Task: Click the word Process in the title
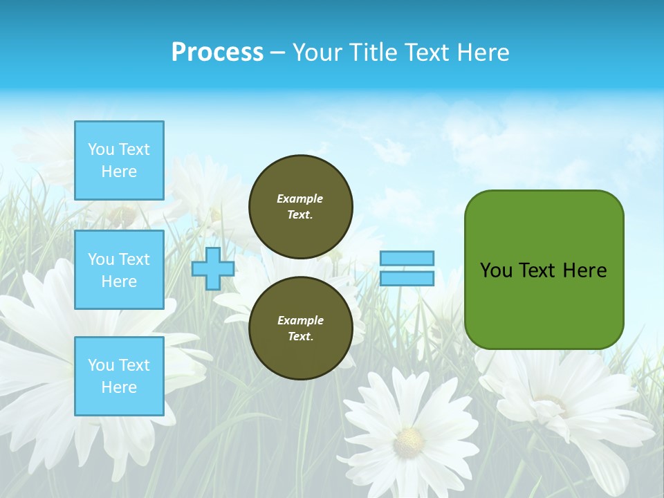click(x=217, y=53)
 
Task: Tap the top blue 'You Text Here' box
click(x=119, y=160)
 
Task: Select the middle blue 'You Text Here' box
click(x=119, y=270)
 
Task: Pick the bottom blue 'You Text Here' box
click(x=119, y=376)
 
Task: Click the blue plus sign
click(x=212, y=268)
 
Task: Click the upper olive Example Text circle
click(x=300, y=207)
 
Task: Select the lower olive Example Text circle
click(x=300, y=329)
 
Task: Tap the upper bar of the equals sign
click(x=407, y=258)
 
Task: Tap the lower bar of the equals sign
click(x=407, y=278)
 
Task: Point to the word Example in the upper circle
click(x=300, y=199)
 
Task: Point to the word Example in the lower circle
click(x=300, y=320)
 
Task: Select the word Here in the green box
click(x=584, y=270)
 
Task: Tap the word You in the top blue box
click(x=100, y=149)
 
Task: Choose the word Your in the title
click(x=316, y=53)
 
